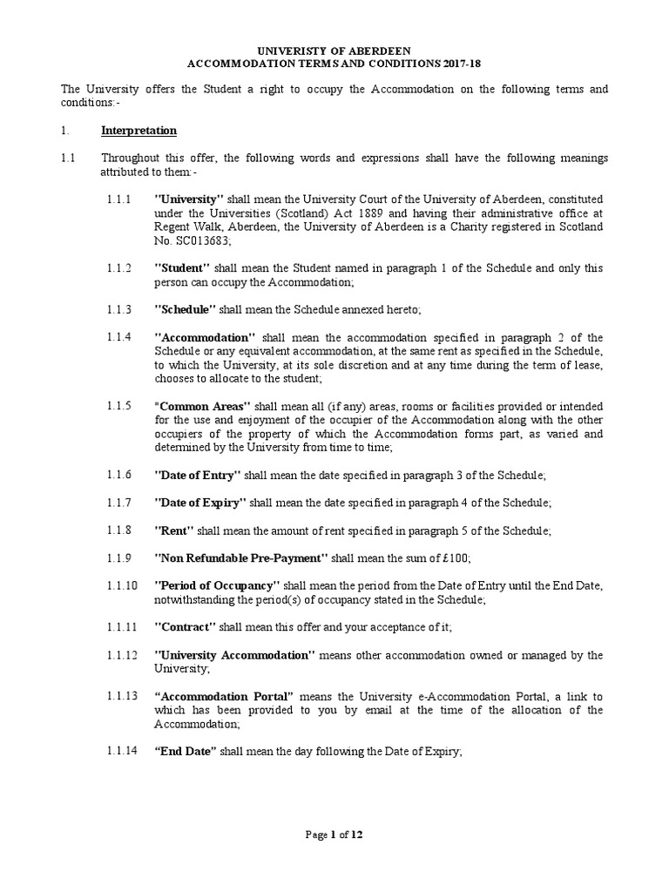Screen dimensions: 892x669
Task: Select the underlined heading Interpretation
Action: (x=139, y=131)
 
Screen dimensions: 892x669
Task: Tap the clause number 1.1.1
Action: (x=119, y=199)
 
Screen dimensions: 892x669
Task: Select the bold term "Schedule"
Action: (x=186, y=310)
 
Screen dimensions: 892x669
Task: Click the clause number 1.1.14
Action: (x=122, y=751)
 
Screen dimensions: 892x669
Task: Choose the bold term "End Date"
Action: (x=185, y=751)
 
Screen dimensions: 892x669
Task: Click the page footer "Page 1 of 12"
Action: (x=334, y=835)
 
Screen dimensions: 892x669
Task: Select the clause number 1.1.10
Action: (x=122, y=585)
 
